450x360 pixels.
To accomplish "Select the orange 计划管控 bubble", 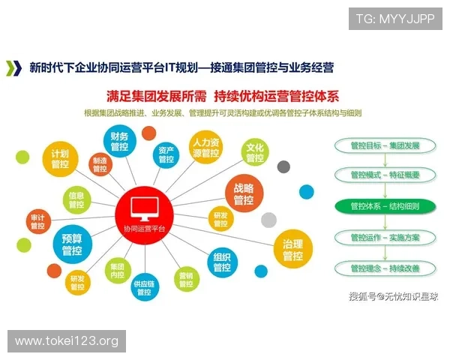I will coord(61,159).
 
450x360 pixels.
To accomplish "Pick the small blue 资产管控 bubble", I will coord(166,155).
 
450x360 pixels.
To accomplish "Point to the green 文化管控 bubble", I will coord(255,152).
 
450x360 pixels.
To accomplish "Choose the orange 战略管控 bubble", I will coord(244,194).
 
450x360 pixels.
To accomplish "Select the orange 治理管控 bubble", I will coord(292,250).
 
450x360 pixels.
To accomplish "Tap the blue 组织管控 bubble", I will coord(222,261).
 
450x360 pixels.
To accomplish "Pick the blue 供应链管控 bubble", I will coord(145,288).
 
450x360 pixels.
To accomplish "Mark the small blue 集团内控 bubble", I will coord(117,271).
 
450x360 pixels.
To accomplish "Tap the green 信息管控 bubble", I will coord(76,199).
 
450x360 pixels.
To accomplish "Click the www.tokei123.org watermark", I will coord(67,341).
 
